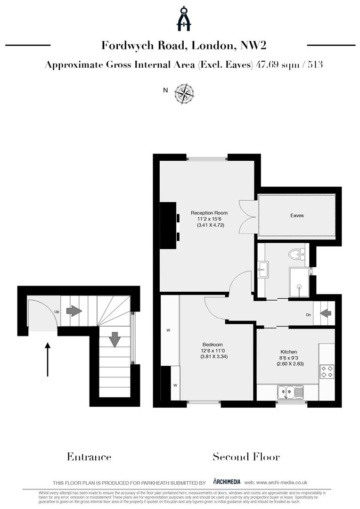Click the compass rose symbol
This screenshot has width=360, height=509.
click(184, 93)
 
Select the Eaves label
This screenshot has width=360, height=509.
click(297, 215)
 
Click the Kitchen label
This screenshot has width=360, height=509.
click(289, 352)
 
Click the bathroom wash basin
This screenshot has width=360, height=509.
click(262, 271)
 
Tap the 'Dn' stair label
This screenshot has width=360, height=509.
click(309, 315)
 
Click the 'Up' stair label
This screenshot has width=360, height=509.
click(57, 312)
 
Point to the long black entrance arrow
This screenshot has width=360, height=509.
click(48, 359)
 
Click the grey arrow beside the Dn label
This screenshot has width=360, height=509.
click(326, 312)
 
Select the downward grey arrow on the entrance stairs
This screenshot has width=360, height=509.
click(115, 339)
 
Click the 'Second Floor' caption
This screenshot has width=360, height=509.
click(246, 457)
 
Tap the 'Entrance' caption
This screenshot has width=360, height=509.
click(89, 457)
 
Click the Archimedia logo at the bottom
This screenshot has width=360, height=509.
click(227, 482)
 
